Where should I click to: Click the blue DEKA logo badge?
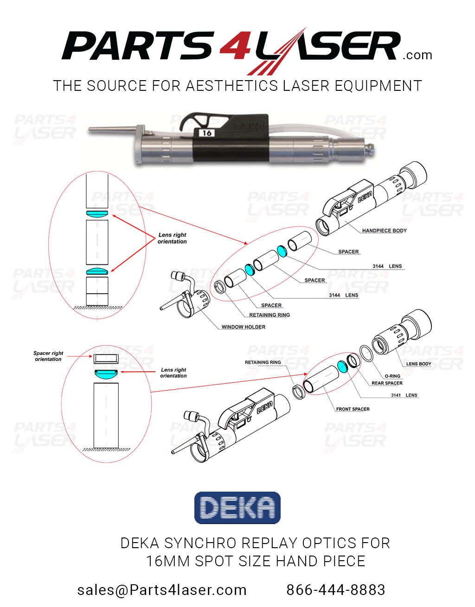tap(237, 508)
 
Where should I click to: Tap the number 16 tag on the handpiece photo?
tap(206, 133)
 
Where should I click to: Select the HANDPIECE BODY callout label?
tap(384, 230)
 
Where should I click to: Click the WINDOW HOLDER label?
tap(243, 327)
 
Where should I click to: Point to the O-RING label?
tap(392, 376)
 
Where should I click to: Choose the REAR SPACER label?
tap(387, 383)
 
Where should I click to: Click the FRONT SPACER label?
tap(353, 409)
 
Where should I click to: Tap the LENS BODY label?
tap(418, 364)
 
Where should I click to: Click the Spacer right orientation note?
tap(48, 356)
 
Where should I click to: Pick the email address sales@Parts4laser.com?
tap(162, 590)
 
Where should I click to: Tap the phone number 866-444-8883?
tap(335, 590)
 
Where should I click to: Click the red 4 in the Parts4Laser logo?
tap(235, 47)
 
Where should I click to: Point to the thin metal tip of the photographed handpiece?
tap(111, 130)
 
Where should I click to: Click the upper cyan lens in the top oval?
tap(97, 214)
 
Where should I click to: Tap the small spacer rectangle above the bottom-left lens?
tap(106, 358)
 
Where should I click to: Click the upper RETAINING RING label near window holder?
tap(270, 315)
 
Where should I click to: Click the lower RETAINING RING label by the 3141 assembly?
tap(263, 362)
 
